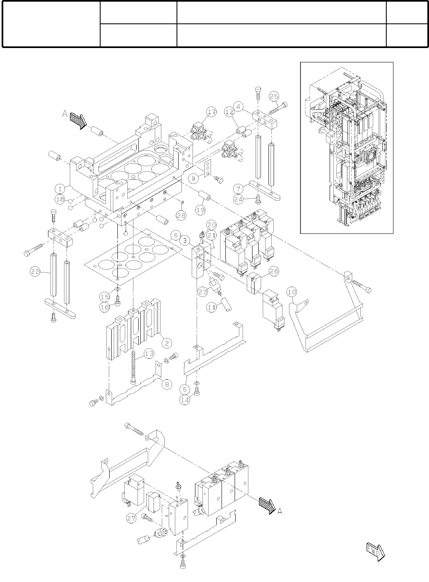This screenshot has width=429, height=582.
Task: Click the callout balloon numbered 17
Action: (x=211, y=112)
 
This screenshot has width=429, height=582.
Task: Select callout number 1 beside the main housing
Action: (x=60, y=189)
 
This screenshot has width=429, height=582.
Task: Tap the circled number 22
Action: (x=36, y=271)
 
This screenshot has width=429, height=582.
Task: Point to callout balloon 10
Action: (x=291, y=292)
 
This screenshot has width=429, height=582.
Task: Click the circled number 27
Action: (x=131, y=518)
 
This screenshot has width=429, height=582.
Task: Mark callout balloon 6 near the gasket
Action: (x=175, y=236)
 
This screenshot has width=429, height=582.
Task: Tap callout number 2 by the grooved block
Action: (x=166, y=343)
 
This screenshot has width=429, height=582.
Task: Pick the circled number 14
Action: (x=185, y=400)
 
